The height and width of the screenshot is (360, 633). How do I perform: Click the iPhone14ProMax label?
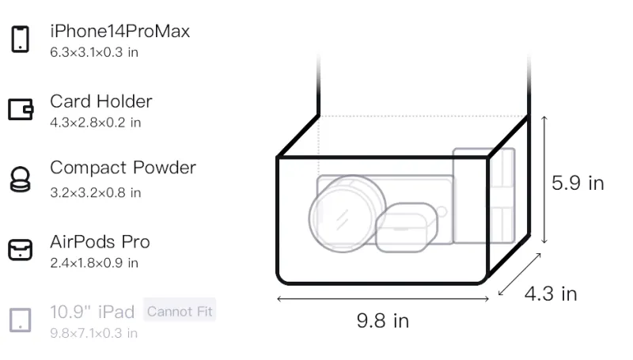pos(120,31)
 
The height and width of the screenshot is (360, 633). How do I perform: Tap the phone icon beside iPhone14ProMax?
pos(21,39)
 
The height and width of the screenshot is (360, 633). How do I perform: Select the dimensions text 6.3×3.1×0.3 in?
pos(94,52)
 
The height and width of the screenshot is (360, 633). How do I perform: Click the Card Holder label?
pos(101,101)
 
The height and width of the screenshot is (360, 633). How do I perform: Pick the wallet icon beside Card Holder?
pos(21,109)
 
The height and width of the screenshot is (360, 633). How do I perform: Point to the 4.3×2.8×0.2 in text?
pos(95,123)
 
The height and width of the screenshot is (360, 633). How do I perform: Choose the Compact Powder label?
pos(123,168)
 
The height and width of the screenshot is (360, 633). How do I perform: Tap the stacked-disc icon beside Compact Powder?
pos(20,179)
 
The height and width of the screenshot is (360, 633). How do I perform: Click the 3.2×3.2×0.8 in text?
pos(95,193)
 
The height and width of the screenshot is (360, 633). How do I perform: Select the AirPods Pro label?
pos(100,242)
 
